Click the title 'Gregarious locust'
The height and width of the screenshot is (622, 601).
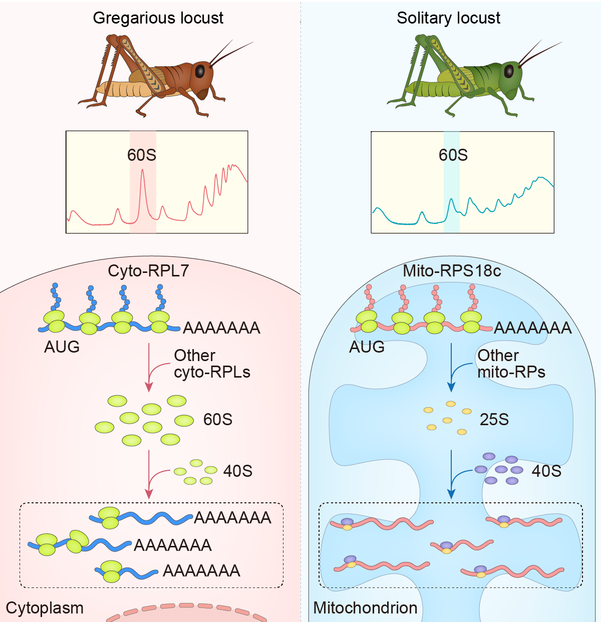158,18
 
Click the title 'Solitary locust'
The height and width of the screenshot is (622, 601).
448,18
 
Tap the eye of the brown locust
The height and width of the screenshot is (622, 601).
200,71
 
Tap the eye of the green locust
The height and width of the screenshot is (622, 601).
509,71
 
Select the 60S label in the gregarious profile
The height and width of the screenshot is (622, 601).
142,155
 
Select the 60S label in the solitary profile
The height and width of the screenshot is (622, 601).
453,155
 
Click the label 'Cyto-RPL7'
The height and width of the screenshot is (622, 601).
148,271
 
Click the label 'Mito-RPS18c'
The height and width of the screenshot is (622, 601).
452,271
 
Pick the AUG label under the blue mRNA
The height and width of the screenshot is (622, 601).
62,347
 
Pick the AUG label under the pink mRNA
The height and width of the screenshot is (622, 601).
367,347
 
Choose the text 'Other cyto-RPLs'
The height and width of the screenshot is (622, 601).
211,364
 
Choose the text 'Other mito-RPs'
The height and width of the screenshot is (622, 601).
511,364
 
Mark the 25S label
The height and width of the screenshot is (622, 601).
494,419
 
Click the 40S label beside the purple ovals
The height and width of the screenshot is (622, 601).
546,471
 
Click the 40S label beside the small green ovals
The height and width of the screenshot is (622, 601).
237,471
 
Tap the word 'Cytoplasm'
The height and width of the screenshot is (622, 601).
45,608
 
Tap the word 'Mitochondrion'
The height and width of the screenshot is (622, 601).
365,608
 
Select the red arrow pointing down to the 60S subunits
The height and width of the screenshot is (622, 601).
149,368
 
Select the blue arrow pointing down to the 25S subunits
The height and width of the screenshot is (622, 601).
451,368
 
